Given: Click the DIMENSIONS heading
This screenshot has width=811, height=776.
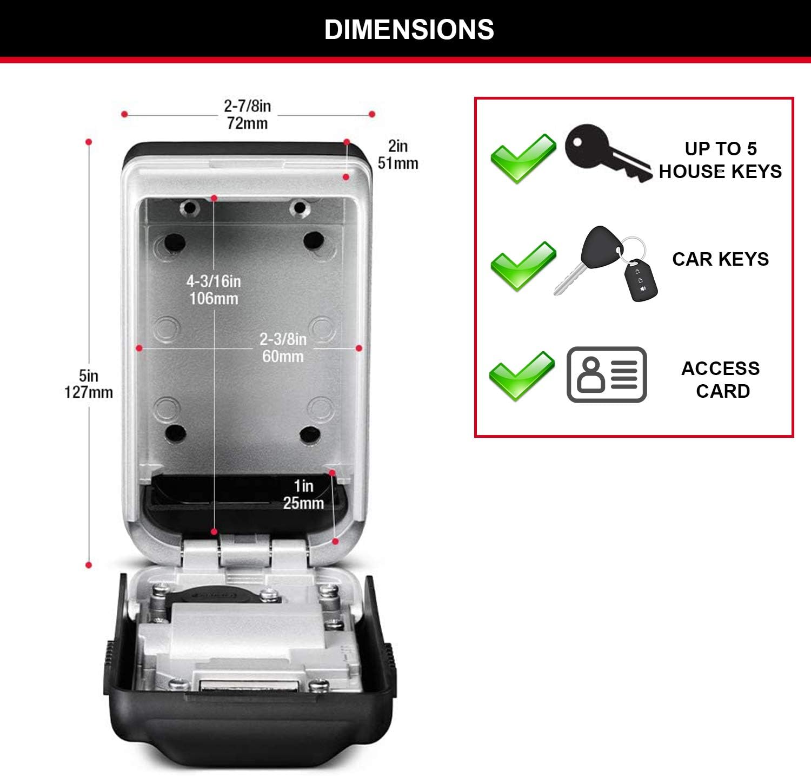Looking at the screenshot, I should point(409,29).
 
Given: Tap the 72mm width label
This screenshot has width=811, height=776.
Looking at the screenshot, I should point(247,123).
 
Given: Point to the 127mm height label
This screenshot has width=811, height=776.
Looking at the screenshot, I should point(89,392).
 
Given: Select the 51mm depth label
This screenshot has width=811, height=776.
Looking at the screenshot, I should point(398,163).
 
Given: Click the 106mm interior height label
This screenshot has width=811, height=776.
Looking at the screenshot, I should point(214,298).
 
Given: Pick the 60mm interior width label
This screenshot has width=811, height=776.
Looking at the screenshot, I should point(283,356).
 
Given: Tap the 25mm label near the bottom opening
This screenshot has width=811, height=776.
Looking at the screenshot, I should point(303,503).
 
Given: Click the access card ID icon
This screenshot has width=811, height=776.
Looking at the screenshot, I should point(607,374).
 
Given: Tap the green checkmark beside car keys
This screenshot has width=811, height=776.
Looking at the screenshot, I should point(523,266).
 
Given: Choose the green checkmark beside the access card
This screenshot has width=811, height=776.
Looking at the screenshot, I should point(522,376).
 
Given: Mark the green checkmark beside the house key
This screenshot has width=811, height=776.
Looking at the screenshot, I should point(523,157).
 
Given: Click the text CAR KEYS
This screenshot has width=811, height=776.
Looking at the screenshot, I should point(720,259).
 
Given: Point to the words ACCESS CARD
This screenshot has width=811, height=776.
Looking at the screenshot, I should point(721,379).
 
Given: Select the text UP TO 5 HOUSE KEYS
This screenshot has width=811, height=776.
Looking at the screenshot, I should point(720,160).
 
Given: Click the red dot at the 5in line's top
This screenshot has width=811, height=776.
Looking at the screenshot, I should point(89,142).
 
